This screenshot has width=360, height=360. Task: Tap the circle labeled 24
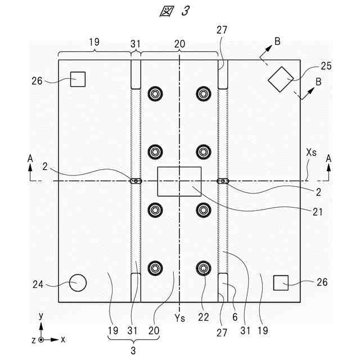78,282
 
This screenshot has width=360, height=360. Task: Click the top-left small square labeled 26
78,79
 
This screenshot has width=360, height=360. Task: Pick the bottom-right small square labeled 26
281,282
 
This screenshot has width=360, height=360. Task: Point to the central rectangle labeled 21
179,181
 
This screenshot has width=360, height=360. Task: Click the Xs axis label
312,152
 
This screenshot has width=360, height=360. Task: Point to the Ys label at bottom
179,319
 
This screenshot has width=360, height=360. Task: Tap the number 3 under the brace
134,351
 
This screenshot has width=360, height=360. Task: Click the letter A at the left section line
30,160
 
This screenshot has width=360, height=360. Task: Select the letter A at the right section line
329,160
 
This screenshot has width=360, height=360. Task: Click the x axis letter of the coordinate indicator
63,340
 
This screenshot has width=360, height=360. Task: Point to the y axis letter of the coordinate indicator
40,317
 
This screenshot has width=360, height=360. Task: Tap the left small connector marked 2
136,181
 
